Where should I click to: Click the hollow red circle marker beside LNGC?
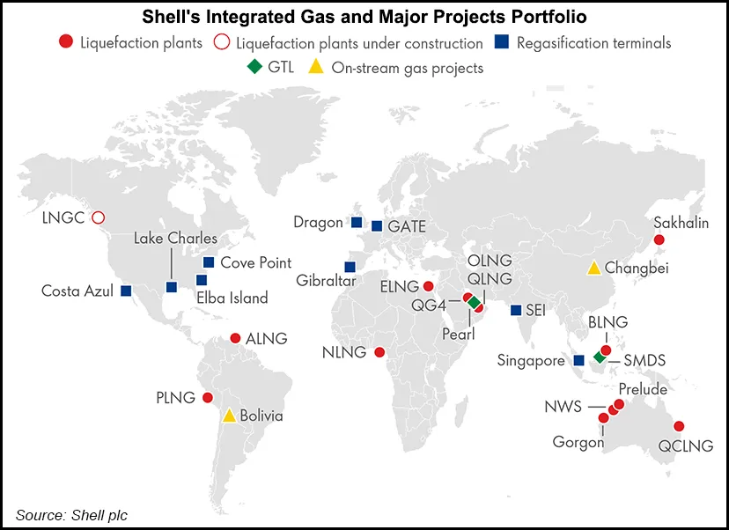coord(99,217)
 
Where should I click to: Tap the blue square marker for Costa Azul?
coord(126,291)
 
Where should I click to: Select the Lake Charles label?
coord(175,239)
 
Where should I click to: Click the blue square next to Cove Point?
coord(209,262)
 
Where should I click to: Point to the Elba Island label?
coord(232,298)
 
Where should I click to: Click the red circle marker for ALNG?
coord(235,338)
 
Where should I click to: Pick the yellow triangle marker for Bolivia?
coord(229,416)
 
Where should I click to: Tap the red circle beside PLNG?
coord(208,398)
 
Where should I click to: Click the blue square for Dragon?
coord(357,222)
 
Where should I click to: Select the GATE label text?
coord(407,226)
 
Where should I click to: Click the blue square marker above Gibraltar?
coord(350,267)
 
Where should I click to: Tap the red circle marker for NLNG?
coord(379,352)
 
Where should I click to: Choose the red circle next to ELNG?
coord(428,286)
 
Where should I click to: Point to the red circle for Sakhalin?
coord(659,239)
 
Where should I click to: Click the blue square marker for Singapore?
coord(578,360)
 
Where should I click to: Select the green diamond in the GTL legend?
coord(254,67)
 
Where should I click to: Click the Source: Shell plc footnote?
coord(71,515)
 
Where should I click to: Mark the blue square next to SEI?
coord(515,310)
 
